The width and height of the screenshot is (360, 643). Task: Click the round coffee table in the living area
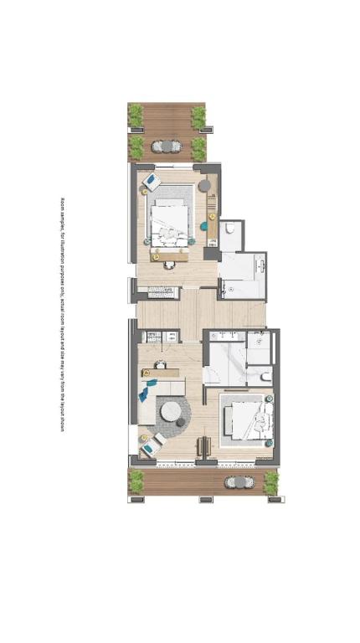(x=171, y=411)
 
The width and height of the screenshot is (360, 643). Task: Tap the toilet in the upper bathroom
(x=230, y=228)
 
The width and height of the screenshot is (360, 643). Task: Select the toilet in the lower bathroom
(x=265, y=377)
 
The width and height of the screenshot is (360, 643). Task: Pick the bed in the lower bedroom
(x=249, y=420)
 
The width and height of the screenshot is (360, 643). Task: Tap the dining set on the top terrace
(x=167, y=147)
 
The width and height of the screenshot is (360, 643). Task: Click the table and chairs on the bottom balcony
(x=239, y=482)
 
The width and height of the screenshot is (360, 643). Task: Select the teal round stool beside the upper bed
(x=203, y=226)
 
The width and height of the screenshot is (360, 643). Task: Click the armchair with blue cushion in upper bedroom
(x=152, y=182)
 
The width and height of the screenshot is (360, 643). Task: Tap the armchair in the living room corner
(x=151, y=448)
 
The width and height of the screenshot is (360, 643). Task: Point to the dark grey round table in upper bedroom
(x=204, y=186)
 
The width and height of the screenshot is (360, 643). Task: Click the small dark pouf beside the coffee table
(x=181, y=423)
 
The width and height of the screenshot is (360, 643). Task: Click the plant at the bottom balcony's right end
(x=270, y=482)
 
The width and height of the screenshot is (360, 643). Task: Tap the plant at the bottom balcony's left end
(x=136, y=481)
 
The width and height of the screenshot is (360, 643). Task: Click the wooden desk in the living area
(x=160, y=373)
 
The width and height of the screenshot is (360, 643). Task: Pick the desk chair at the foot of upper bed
(x=169, y=265)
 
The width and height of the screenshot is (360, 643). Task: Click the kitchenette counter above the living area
(x=160, y=337)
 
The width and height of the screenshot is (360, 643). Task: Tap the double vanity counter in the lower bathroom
(x=228, y=337)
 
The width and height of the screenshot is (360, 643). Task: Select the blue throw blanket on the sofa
(x=144, y=394)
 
